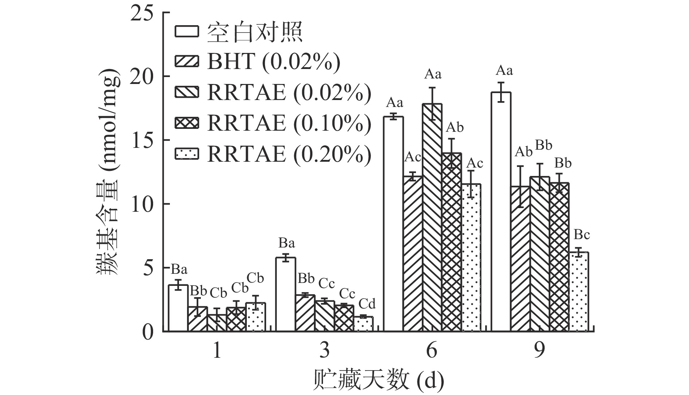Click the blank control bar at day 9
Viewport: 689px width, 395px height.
point(501,212)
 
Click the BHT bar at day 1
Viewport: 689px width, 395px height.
point(198,319)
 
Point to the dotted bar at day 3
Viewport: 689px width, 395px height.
point(363,324)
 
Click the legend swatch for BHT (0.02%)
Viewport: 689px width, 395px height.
point(187,61)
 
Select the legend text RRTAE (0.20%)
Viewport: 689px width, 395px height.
point(289,154)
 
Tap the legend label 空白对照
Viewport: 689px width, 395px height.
point(255,31)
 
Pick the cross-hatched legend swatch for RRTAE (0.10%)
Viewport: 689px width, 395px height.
point(187,123)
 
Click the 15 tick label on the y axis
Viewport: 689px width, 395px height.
point(143,141)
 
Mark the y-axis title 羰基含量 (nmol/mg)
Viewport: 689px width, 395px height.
point(108,172)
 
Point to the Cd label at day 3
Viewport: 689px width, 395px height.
point(367,304)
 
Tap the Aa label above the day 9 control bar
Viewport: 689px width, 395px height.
point(504,70)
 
